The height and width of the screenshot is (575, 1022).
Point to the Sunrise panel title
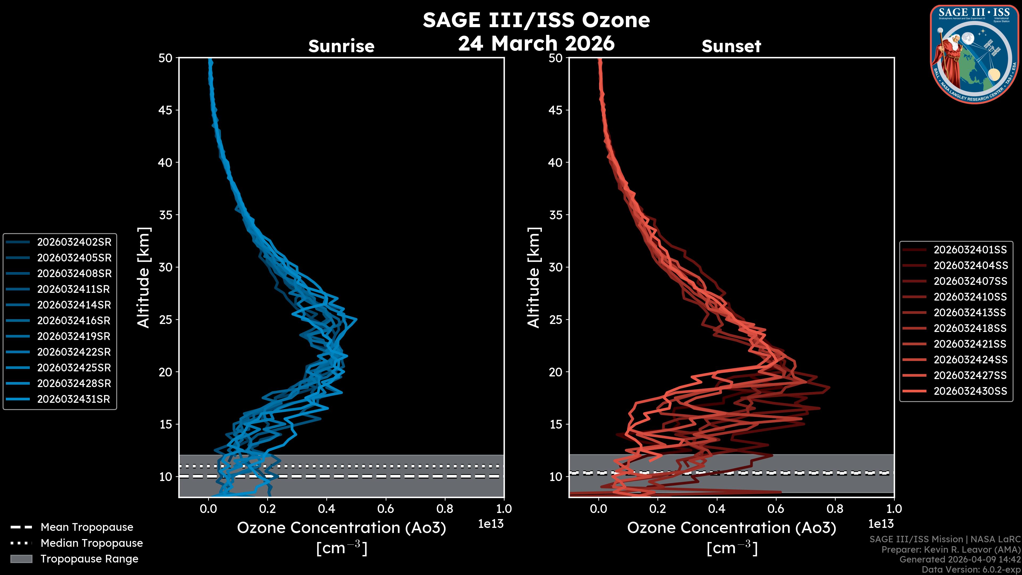pos(341,46)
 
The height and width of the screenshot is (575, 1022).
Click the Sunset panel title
pos(731,46)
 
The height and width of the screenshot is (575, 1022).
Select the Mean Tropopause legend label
pos(87,527)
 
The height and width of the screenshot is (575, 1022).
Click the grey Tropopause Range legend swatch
pos(21,559)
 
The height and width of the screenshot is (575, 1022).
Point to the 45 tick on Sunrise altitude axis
pos(166,110)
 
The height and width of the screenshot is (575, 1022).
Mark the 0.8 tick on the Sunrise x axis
pos(445,509)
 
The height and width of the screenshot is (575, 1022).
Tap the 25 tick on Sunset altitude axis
pos(555,319)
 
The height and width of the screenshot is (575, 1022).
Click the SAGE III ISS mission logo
pos(973,54)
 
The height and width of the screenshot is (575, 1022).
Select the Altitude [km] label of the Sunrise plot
pos(144,278)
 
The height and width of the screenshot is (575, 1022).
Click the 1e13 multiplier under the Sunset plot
pos(881,524)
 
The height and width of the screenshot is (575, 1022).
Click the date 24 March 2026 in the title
pos(536,43)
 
